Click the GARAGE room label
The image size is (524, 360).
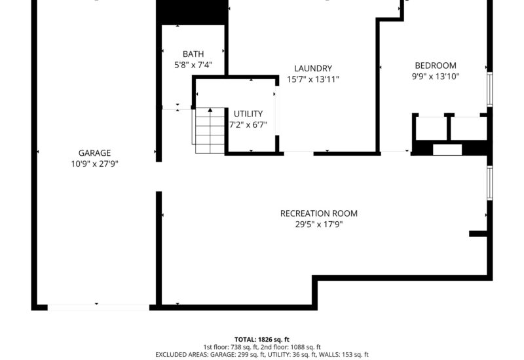(94, 153)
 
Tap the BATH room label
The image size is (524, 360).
(193, 54)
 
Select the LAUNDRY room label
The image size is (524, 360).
(313, 68)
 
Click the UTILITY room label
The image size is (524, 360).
(248, 113)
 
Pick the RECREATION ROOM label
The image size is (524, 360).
(319, 213)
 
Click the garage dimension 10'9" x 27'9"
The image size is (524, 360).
(94, 164)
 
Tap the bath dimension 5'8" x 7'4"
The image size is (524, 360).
(193, 65)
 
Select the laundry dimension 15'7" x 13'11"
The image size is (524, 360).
(313, 79)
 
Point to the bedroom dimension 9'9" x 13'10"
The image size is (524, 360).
(436, 76)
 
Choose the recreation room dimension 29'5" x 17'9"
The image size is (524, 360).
(319, 225)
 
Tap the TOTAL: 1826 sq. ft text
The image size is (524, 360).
(262, 340)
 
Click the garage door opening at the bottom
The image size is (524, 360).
(98, 306)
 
